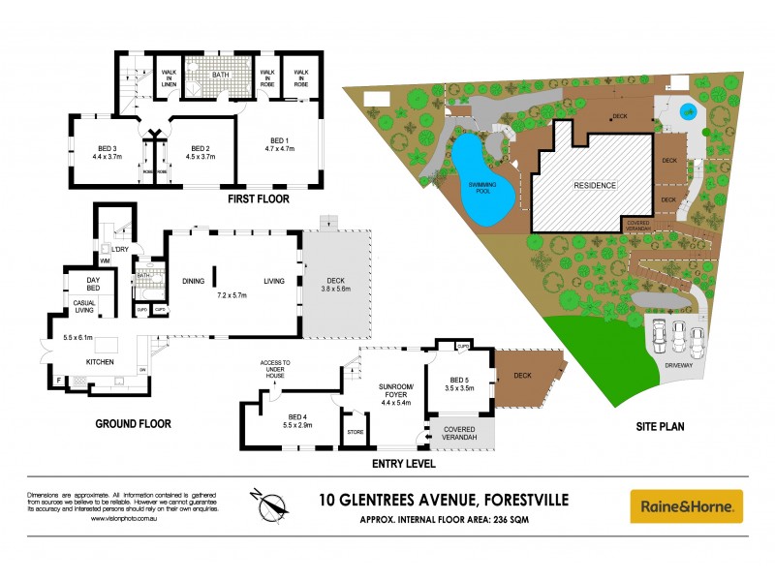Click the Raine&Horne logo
pyautogui.click(x=687, y=505)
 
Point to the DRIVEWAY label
pyautogui.click(x=677, y=367)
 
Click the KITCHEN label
pyautogui.click(x=100, y=361)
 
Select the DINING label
pyautogui.click(x=194, y=281)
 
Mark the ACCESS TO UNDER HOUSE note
pyautogui.click(x=275, y=369)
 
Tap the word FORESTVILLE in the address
pyautogui.click(x=520, y=500)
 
